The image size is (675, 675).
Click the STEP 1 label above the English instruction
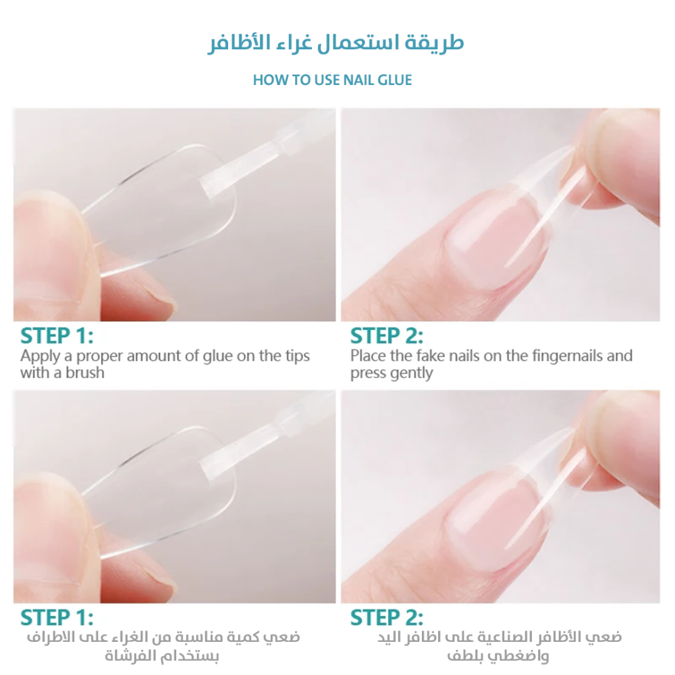(x=57, y=336)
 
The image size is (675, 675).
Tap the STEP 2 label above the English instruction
(x=387, y=336)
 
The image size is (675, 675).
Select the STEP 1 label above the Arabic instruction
(x=57, y=618)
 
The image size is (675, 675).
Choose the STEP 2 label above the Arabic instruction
(x=387, y=618)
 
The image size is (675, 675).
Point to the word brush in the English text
(x=85, y=373)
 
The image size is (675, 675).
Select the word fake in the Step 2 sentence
(x=433, y=356)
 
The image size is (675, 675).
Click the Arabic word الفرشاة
(x=130, y=656)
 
